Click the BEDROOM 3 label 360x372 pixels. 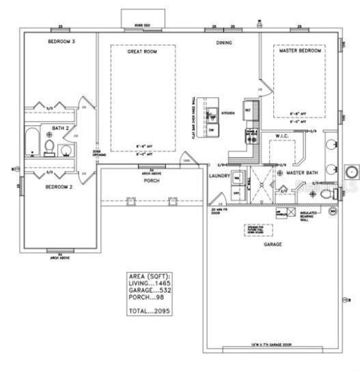(x=61, y=42)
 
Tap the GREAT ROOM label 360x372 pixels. (x=143, y=51)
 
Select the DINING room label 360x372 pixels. (x=224, y=42)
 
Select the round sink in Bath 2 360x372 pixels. (x=66, y=150)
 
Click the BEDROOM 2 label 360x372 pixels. (x=59, y=186)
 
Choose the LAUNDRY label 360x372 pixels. (x=219, y=176)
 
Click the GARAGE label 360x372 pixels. (x=273, y=243)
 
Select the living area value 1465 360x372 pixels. (x=161, y=282)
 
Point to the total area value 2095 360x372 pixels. (x=162, y=310)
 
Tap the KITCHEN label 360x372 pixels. (x=227, y=112)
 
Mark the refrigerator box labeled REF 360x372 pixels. (x=248, y=109)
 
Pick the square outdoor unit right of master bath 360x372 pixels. (x=352, y=171)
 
